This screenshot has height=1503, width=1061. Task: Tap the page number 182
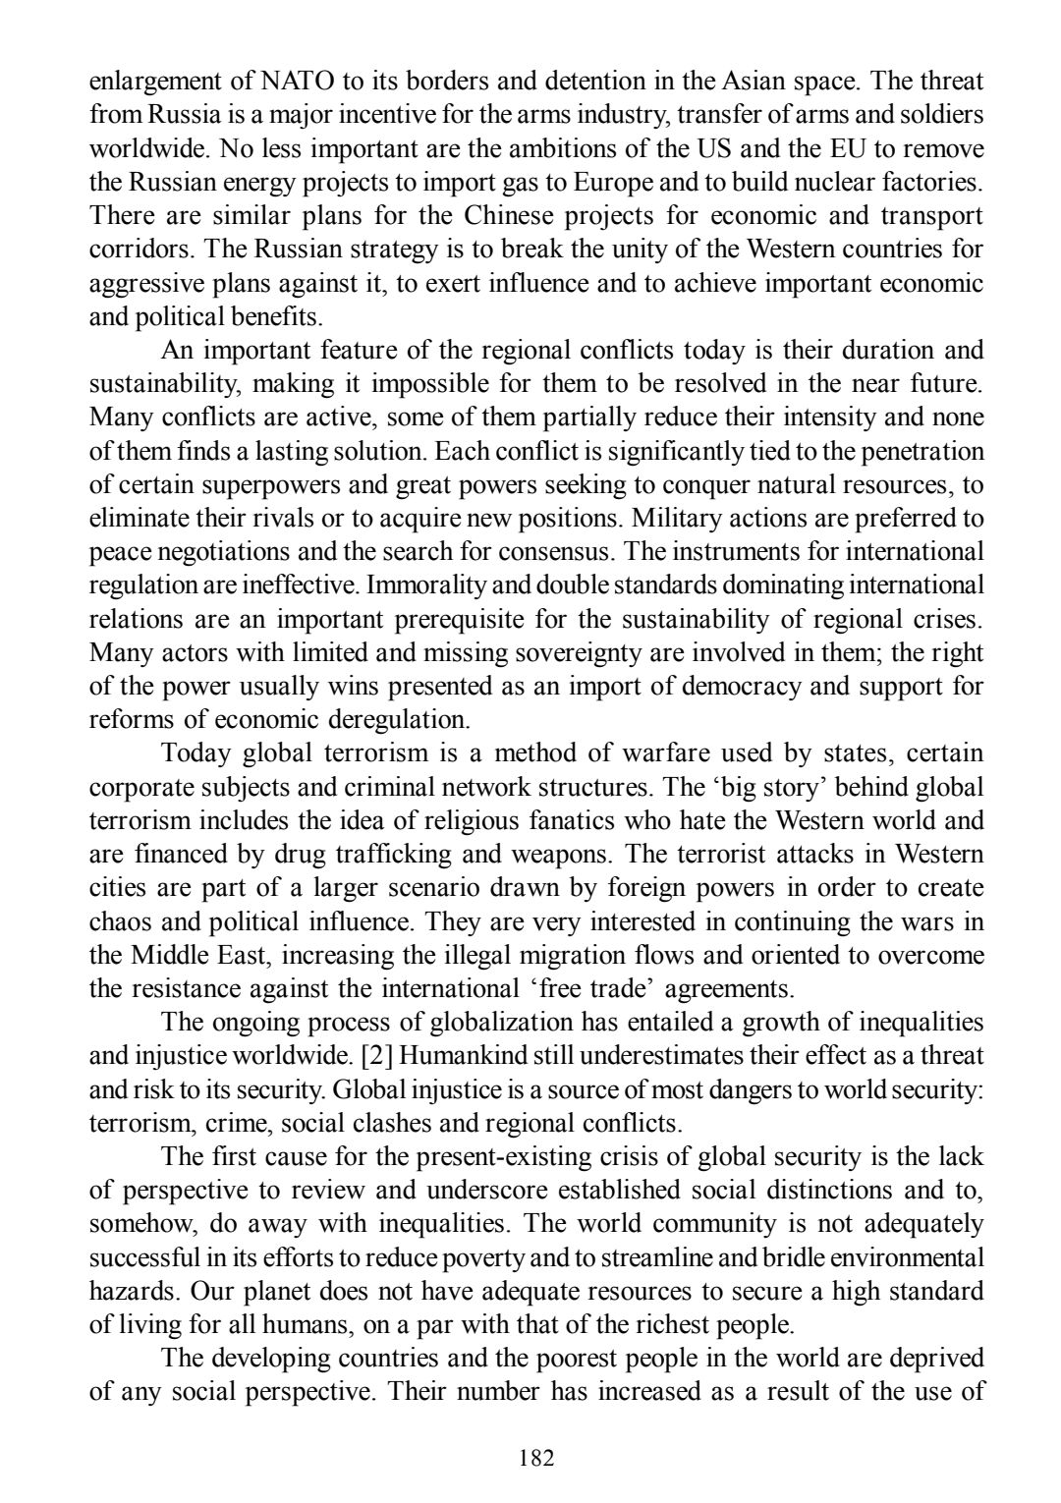(536, 1457)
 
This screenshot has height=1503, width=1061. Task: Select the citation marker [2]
(378, 1055)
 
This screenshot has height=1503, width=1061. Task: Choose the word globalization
(502, 1022)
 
